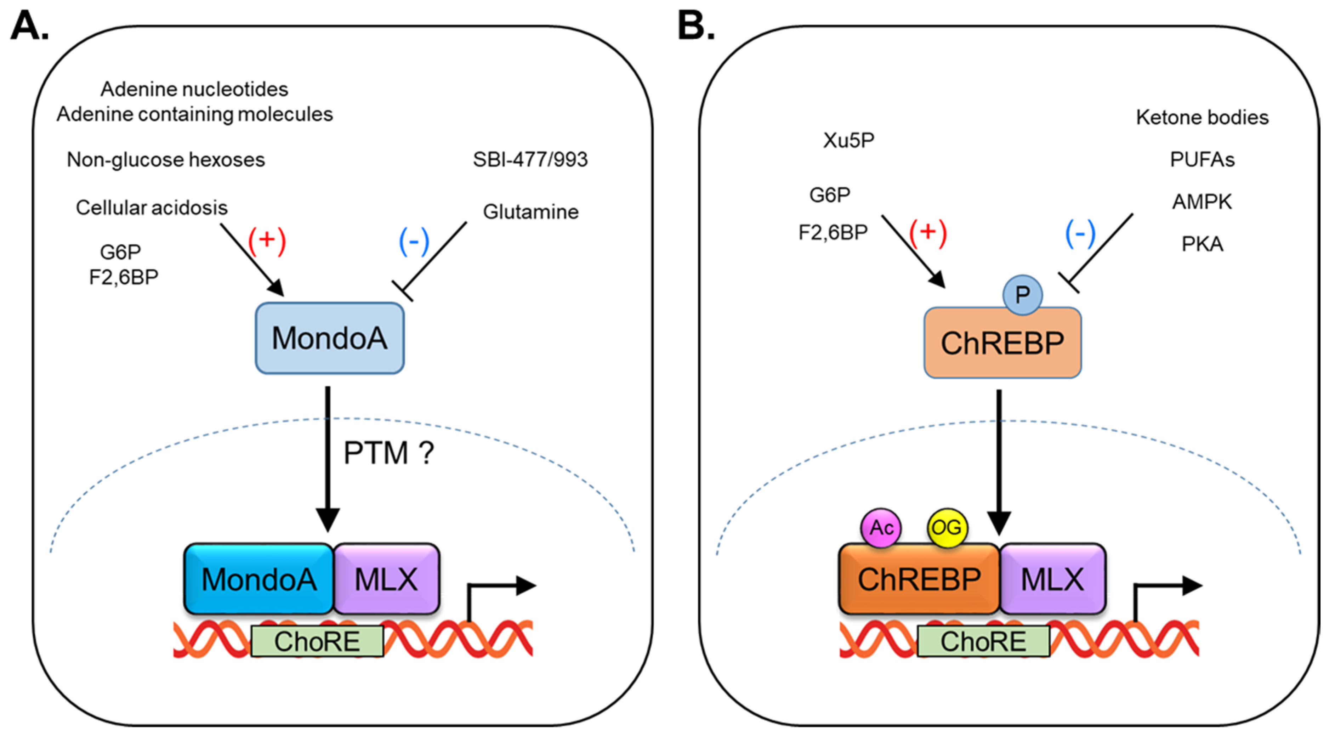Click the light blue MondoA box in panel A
coord(330,338)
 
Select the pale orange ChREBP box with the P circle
coord(1002,343)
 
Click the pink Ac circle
coord(881,528)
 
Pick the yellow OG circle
coord(947,528)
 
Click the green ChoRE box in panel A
coord(317,641)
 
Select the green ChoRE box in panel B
coord(983,641)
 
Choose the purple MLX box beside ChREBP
coord(1052,579)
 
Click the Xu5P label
coord(848,140)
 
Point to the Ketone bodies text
coord(1202,117)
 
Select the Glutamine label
coord(531,211)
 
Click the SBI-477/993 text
coord(530,159)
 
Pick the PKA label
coord(1202,244)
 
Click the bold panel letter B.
coord(696,26)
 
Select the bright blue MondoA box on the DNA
coord(259,579)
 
